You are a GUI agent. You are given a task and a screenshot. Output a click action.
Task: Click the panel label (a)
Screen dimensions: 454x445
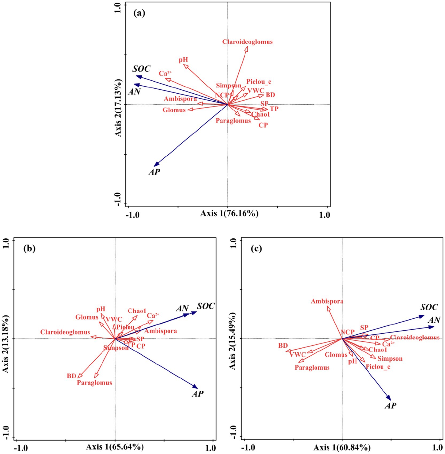pos(139,13)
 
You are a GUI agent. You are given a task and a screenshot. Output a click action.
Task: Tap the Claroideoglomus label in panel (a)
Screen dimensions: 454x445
pos(247,42)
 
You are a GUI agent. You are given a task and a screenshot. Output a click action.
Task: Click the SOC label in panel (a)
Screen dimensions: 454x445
pos(141,69)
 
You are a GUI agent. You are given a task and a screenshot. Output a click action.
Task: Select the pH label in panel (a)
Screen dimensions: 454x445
pos(183,59)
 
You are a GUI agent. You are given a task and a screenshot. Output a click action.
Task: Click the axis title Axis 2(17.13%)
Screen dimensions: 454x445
pos(118,108)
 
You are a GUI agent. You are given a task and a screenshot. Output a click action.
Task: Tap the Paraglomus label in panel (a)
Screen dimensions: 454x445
pos(233,121)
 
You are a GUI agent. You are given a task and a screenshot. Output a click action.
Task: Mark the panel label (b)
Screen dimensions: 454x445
pos(29,249)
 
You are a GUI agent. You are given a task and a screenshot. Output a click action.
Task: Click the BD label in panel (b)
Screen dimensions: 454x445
pos(71,376)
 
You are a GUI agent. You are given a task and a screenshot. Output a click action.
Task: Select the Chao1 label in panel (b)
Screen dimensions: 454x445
pos(137,311)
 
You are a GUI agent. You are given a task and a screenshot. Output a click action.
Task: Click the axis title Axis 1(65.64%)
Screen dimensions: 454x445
pos(115,447)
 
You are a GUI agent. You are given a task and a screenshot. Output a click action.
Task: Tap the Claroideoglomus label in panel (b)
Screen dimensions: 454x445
pos(65,332)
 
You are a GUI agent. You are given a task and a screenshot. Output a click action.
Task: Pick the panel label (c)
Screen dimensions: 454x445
pos(256,249)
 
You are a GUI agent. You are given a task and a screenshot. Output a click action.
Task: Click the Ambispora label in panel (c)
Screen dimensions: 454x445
pos(327,301)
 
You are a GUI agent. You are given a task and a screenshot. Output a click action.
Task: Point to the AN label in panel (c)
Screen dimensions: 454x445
pos(434,320)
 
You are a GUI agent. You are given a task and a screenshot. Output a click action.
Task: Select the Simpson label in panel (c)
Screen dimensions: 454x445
pos(390,359)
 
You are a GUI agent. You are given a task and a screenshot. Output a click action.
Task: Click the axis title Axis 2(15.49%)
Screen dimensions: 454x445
pos(233,341)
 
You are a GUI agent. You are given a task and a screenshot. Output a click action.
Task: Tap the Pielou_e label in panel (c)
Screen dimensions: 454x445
pos(378,367)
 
